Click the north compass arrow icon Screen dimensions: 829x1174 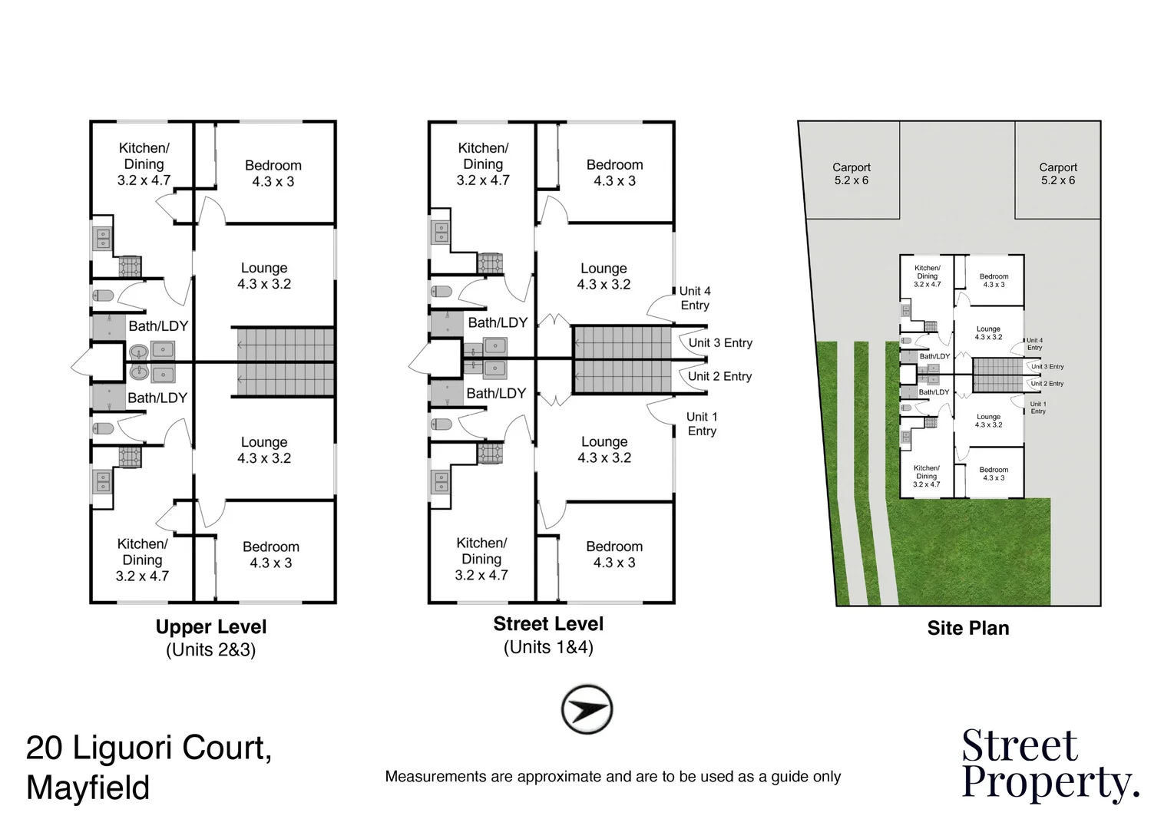point(587,709)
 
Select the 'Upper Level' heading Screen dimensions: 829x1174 point(211,627)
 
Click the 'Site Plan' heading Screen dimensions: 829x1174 point(967,628)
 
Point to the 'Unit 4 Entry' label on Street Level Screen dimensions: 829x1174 point(695,298)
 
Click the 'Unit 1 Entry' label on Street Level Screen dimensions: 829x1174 point(702,424)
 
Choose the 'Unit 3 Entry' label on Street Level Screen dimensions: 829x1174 point(720,343)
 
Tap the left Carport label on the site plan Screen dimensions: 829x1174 point(852,173)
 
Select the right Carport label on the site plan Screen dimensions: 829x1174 point(1057,173)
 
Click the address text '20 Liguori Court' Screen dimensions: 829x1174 point(149,748)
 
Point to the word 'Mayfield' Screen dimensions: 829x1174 point(88,788)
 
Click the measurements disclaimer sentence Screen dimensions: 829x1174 point(613,777)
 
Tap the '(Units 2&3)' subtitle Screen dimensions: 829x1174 point(211,650)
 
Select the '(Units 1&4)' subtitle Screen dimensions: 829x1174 point(548,647)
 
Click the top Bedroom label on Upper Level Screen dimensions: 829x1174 point(273,173)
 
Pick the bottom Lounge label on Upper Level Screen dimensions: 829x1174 point(264,450)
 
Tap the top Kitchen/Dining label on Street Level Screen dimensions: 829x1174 point(483,163)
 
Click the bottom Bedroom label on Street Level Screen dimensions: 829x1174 point(614,554)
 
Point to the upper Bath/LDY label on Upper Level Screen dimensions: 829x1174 point(158,326)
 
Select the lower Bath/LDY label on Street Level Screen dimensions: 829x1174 point(496,393)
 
